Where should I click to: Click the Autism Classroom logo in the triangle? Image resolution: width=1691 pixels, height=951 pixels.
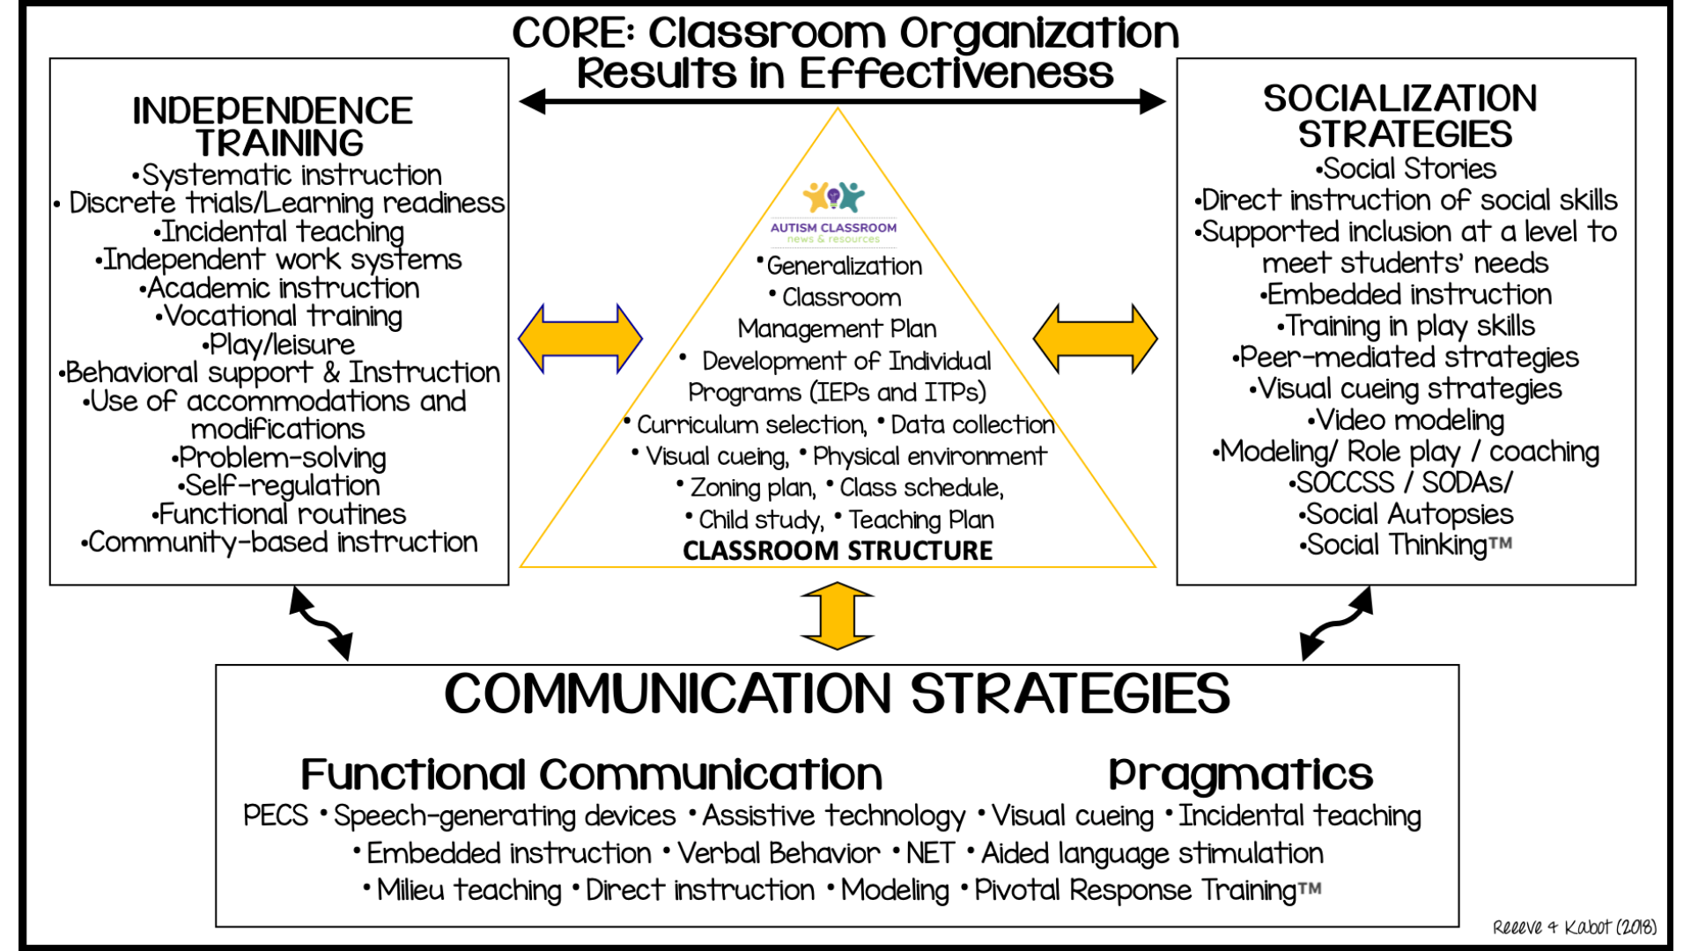click(833, 211)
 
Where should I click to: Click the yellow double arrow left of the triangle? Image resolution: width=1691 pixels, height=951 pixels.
click(580, 339)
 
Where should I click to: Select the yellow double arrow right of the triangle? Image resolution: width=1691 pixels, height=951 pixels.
click(1095, 339)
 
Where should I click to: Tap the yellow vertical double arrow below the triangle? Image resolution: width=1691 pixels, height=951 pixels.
click(838, 616)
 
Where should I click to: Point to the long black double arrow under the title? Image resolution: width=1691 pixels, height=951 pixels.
click(842, 101)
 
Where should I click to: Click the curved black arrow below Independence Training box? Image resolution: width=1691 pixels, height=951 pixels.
click(321, 623)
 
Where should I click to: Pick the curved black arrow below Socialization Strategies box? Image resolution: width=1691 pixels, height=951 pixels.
click(1336, 623)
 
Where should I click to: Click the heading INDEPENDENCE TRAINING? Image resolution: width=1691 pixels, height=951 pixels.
click(273, 127)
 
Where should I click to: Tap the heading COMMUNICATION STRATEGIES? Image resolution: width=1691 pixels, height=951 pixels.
click(837, 694)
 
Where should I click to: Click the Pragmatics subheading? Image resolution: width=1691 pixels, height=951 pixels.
click(1240, 775)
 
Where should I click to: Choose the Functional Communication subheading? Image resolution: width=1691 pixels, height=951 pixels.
click(592, 775)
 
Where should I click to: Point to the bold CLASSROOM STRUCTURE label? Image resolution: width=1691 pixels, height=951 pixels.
click(838, 550)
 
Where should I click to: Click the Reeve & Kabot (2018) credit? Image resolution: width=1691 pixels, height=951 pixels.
click(1574, 927)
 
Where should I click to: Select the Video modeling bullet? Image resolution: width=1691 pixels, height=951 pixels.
click(1407, 420)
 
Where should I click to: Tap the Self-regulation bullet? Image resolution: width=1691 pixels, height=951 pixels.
click(279, 485)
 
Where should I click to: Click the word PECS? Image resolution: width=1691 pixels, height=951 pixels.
click(276, 815)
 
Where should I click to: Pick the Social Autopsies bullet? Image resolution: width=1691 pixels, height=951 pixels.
click(1407, 514)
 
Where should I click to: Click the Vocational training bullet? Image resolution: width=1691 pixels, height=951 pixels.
click(279, 316)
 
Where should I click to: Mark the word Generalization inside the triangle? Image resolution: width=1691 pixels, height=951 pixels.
click(844, 266)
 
